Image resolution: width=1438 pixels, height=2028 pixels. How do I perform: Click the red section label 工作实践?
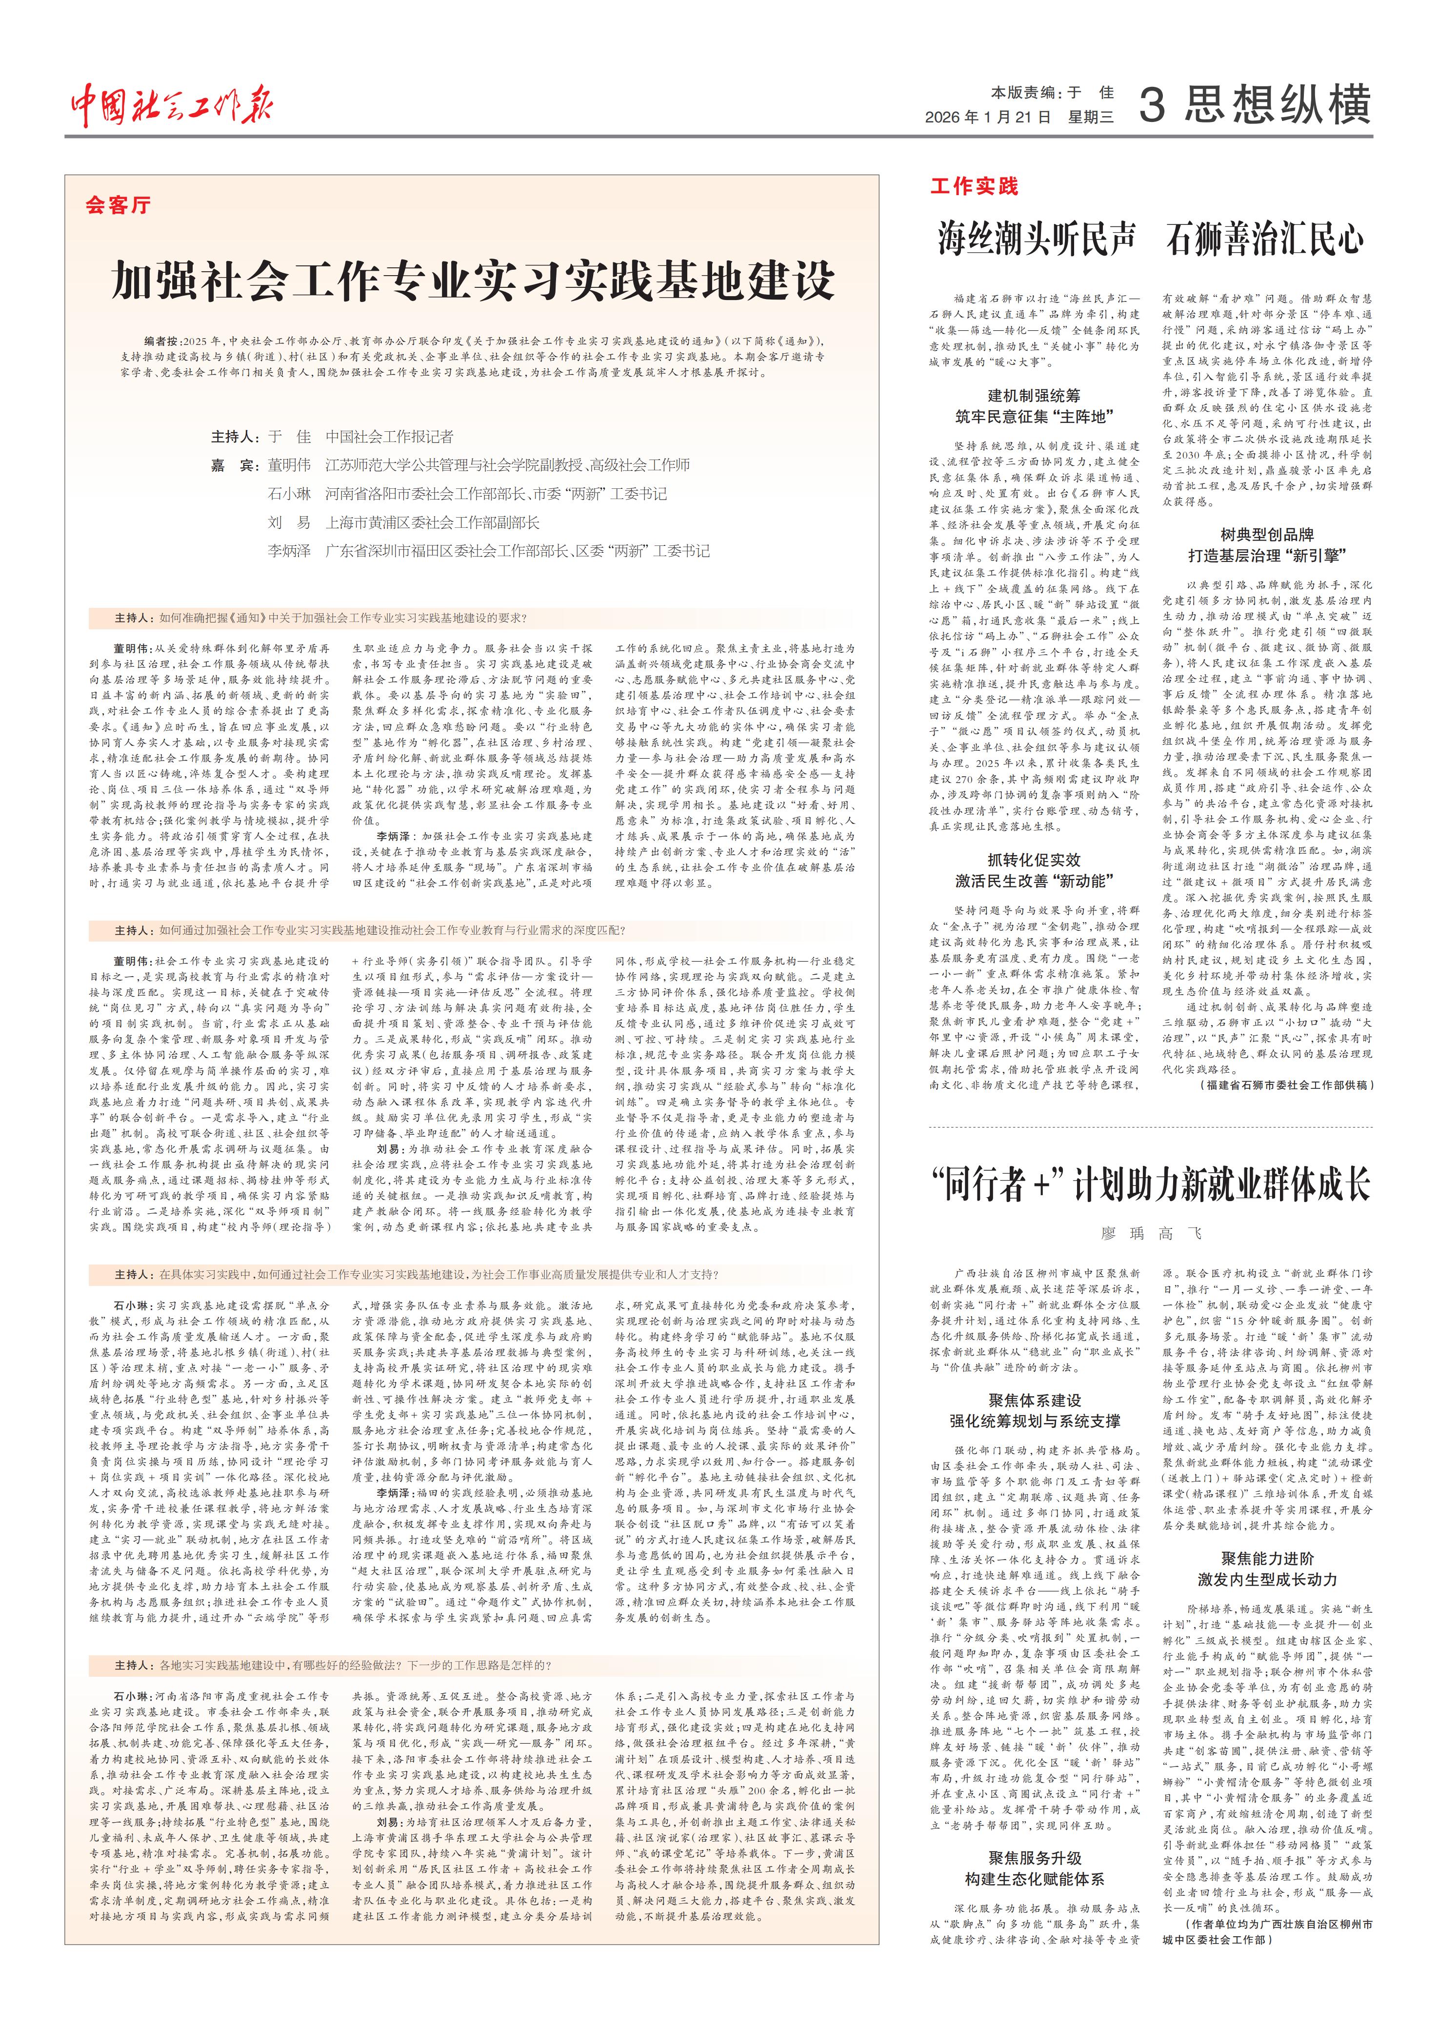click(x=974, y=186)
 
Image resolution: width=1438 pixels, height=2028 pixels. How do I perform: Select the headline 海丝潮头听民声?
click(x=1036, y=239)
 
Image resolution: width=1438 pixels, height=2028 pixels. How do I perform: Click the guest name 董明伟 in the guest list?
click(x=290, y=465)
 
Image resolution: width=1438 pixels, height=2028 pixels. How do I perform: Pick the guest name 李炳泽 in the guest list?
click(x=290, y=551)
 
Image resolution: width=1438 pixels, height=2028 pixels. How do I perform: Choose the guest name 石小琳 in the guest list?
click(x=290, y=493)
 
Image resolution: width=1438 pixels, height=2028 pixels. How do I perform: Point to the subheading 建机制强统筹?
click(x=1034, y=395)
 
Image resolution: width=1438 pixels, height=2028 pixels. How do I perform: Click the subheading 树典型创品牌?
click(x=1266, y=534)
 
